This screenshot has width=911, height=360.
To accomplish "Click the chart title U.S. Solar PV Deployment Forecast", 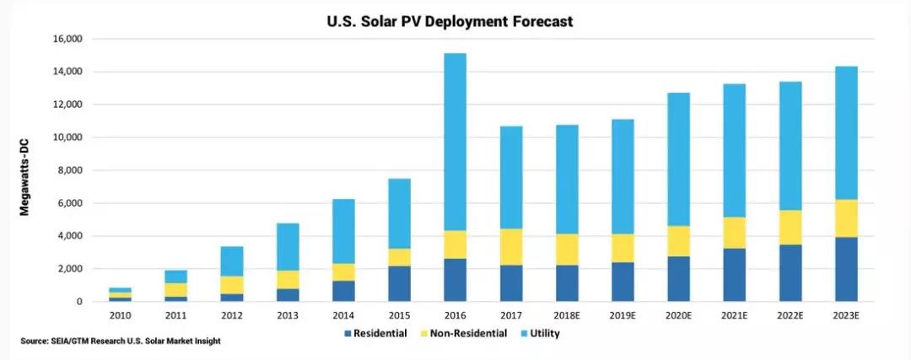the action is coord(449,21).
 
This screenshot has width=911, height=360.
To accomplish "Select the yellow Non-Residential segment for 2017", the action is coord(510,247).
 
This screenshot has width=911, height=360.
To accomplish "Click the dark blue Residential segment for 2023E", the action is coord(846,270).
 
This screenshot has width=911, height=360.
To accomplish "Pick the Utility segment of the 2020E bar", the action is coord(678,159).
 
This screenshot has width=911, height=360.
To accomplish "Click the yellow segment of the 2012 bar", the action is coord(232,285).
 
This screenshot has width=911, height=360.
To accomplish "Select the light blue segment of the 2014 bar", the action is coord(343,232).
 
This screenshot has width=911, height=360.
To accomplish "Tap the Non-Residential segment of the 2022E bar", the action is coord(790,228).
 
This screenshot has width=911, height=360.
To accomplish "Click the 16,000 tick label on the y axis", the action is coord(68,39).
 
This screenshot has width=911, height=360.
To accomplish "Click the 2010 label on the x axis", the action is coord(120,316).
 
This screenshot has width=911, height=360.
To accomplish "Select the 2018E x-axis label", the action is coord(567,316).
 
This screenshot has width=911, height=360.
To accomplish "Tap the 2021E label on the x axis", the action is coord(734,316).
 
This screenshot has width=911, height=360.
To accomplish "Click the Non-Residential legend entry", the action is coord(462,334).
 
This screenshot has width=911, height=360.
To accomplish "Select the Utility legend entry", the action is coord(538,334).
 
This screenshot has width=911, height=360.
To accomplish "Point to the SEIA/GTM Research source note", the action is coord(121,341).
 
